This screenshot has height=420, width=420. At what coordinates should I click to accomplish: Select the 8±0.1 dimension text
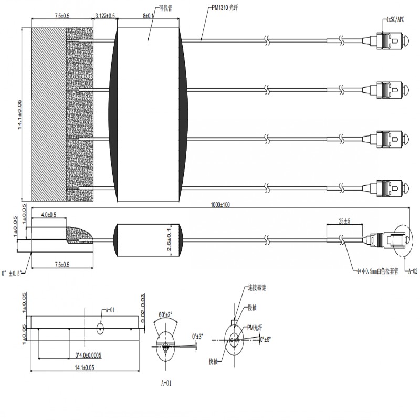tap(148, 16)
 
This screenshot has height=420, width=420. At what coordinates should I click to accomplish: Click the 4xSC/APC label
tap(395, 19)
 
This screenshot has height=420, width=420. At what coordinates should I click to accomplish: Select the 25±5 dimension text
tap(344, 222)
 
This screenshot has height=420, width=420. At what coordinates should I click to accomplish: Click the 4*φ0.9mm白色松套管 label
tap(376, 271)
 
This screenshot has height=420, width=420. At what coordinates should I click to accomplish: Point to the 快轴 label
tap(214, 361)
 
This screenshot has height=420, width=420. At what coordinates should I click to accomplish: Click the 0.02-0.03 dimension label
tap(143, 306)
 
